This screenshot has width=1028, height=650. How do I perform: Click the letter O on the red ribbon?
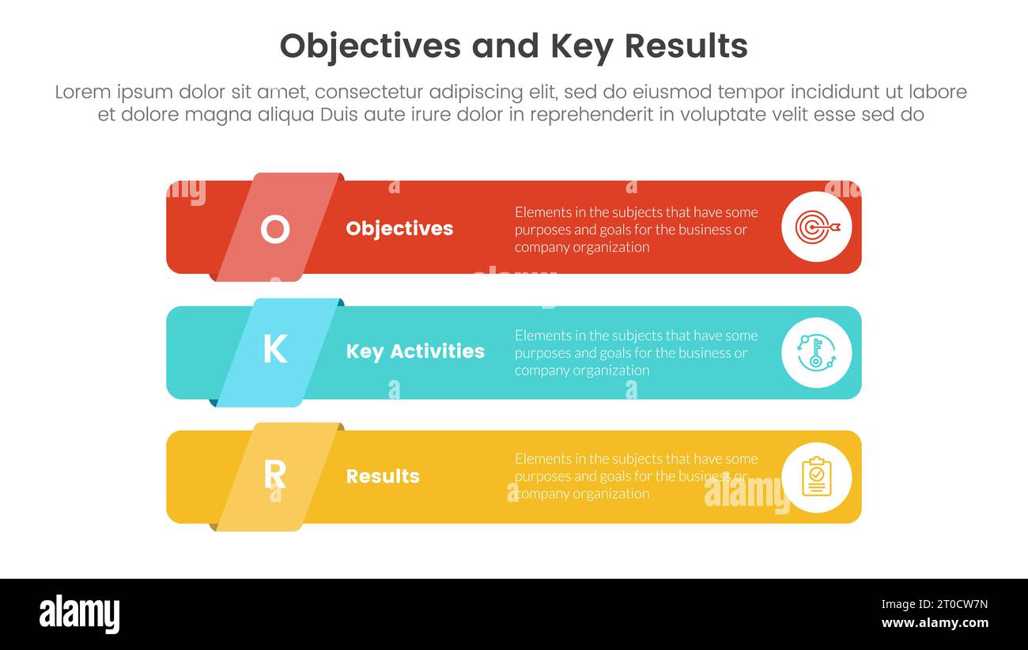274,230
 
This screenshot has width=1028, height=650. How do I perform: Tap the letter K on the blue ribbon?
274,349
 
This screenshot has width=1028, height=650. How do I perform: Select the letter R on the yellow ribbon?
274,474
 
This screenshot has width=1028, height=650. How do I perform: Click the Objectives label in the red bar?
399,229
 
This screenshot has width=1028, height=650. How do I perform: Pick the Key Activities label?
415,352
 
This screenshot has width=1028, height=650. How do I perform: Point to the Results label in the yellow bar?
383,476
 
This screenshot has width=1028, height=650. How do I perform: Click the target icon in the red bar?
816,227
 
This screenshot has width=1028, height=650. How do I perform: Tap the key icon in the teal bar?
816,352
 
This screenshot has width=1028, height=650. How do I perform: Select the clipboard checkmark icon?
816,477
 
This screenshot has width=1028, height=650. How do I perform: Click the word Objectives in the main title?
370,47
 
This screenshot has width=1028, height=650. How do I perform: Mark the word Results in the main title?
686,47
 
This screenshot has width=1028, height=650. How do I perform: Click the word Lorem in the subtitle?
83,92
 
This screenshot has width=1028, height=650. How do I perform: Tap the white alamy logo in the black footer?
79,614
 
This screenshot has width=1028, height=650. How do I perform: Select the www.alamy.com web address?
935,623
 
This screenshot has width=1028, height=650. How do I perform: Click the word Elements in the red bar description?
541,212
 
